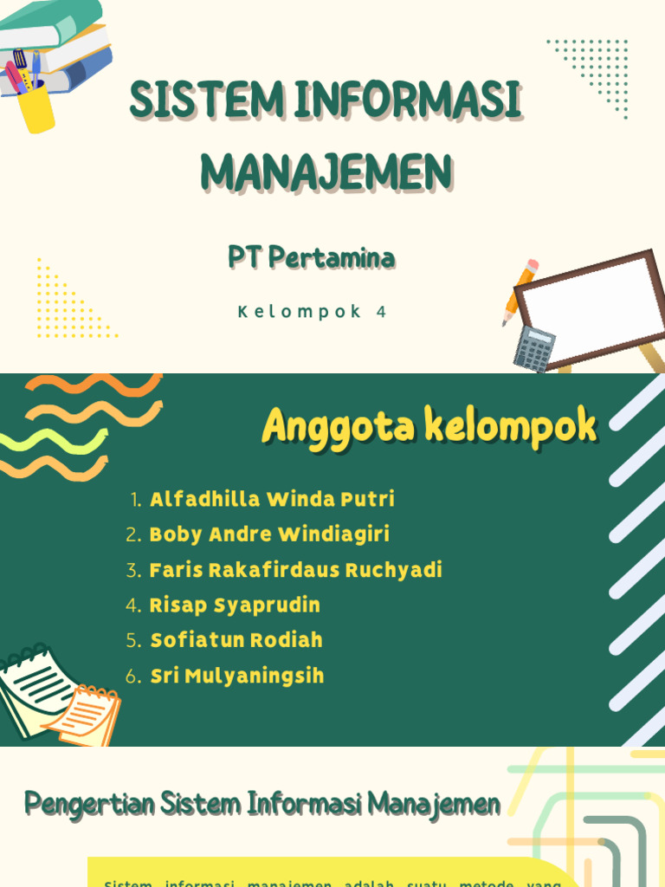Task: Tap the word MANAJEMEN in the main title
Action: (x=327, y=172)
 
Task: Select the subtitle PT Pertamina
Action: (x=312, y=257)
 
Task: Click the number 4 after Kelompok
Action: (x=381, y=313)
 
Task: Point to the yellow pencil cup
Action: (x=36, y=107)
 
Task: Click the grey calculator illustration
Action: (x=533, y=348)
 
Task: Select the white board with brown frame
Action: (x=596, y=308)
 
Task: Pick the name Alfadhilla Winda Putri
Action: (x=272, y=499)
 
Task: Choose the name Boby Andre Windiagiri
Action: (x=269, y=534)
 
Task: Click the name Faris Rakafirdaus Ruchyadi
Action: (x=295, y=570)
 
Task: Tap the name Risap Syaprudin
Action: (x=235, y=605)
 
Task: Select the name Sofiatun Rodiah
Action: (x=236, y=640)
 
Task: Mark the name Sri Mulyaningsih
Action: (x=237, y=676)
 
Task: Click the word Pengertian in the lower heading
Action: (x=90, y=804)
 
